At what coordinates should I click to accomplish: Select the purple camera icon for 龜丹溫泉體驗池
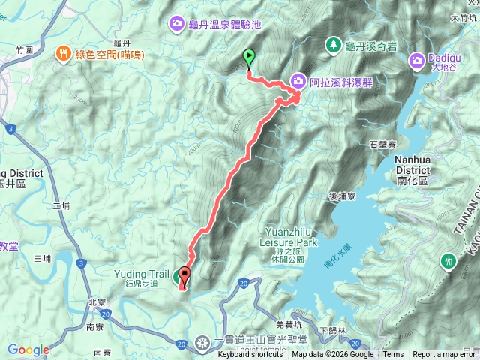point(176,23)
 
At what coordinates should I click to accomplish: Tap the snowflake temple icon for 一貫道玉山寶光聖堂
point(202,343)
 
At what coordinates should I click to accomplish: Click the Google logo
point(28,349)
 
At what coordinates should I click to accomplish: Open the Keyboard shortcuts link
point(251,355)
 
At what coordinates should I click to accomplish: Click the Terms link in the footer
point(393,355)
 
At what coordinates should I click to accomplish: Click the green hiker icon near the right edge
point(448,260)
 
